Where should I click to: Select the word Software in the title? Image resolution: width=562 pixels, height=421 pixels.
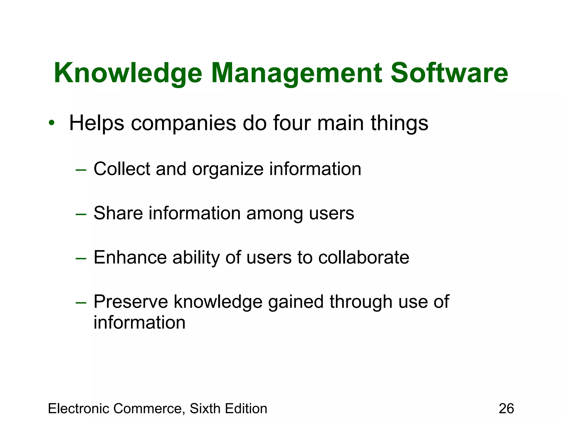tap(449, 73)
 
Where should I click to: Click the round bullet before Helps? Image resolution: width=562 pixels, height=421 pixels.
tap(52, 123)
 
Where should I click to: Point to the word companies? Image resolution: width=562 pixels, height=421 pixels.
tap(183, 123)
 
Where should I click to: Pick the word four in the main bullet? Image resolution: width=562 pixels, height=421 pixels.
tap(292, 123)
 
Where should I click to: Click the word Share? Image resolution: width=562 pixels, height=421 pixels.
tap(118, 213)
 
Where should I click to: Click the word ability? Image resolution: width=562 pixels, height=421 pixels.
tap(196, 258)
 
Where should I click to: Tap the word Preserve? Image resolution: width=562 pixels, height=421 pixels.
tap(131, 302)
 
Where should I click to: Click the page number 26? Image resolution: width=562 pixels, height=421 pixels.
tap(506, 408)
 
